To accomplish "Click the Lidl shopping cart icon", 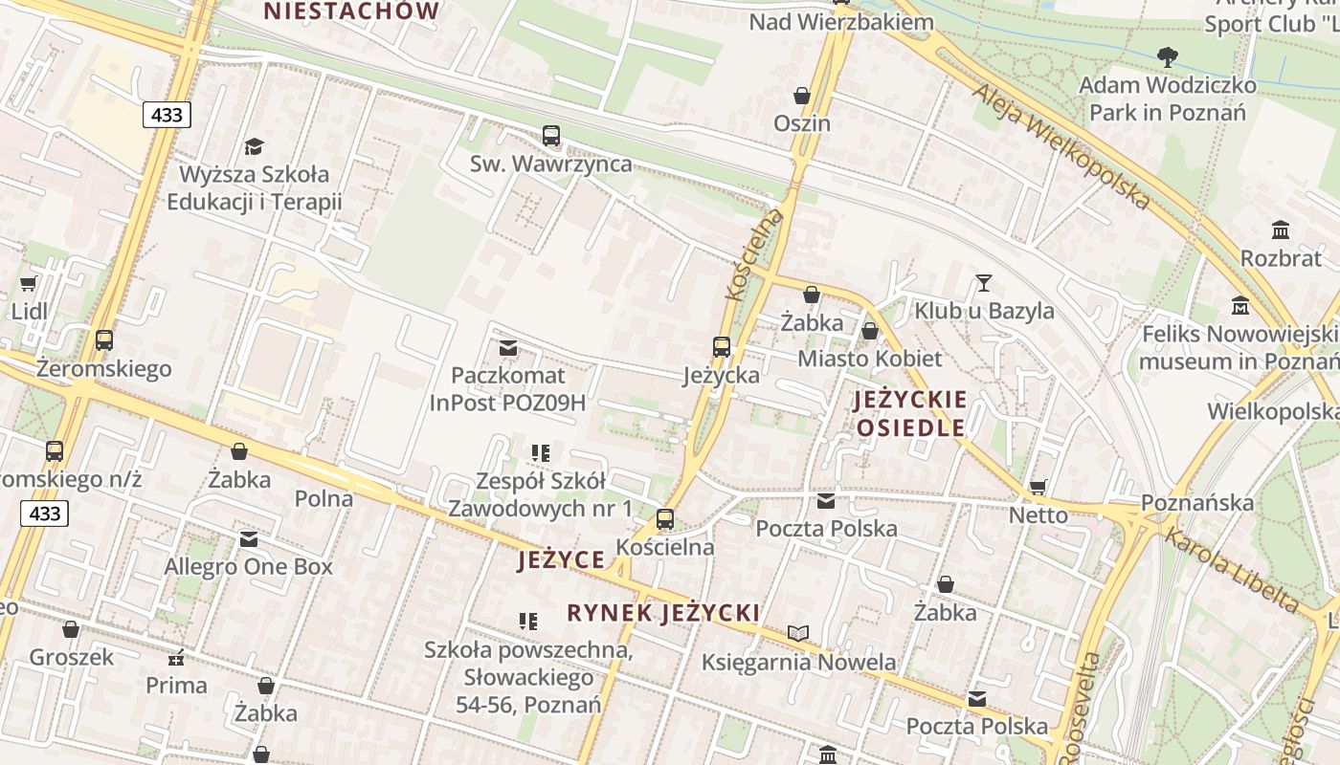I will tap(28, 283).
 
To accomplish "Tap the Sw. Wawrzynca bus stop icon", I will tap(551, 136).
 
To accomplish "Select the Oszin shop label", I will tap(802, 123).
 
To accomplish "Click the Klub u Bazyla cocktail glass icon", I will tap(983, 282).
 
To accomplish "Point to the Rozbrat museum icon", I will tap(1281, 230).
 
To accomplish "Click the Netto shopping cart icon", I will tap(1038, 487).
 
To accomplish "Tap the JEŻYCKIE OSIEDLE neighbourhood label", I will tap(910, 413).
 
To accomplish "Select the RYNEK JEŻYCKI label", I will tap(663, 613).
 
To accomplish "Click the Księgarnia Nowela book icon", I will tap(798, 633).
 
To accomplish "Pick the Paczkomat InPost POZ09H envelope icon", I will tap(508, 347).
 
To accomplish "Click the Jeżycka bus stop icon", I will tap(722, 347).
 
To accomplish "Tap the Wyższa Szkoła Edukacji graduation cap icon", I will tap(254, 146).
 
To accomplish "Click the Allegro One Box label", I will tap(249, 566).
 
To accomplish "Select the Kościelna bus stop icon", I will tap(665, 519).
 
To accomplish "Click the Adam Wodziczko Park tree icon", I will tap(1168, 57).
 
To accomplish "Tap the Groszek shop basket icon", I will tap(71, 629).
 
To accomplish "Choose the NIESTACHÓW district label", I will tap(351, 11).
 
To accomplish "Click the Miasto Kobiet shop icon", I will tap(870, 331).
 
